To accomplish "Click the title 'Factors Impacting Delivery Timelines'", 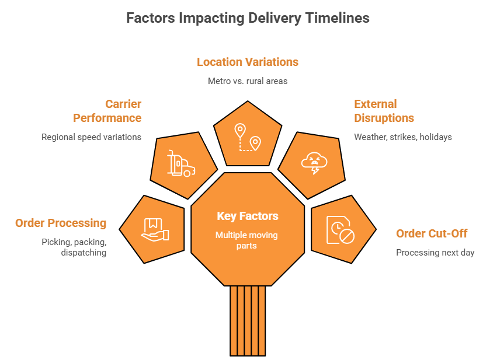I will point(248,18).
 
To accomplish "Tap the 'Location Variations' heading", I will point(248,62).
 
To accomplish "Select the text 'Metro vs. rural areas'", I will point(248,81).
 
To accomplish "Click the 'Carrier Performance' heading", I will point(107,111).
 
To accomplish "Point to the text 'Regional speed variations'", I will point(91,137).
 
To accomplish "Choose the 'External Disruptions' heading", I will point(384,111).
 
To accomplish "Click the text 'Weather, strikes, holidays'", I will point(403,137).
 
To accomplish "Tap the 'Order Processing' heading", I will point(61,223).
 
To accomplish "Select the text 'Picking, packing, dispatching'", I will point(74,247).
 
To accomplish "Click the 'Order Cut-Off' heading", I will point(432,233).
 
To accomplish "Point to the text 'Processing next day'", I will point(435,253).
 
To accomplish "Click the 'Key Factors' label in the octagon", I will point(248,216).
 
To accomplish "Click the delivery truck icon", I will point(181,164).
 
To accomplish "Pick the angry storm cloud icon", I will point(314,163).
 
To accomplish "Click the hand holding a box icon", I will point(155,229).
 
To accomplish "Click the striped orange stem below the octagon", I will point(248,320).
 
